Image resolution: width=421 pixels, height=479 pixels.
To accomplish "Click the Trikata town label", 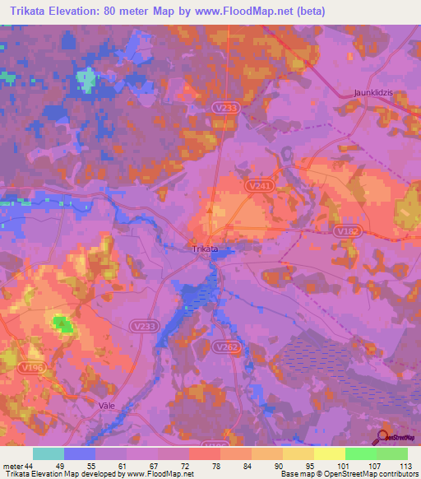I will (x=205, y=249).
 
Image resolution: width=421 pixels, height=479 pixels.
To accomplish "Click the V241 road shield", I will (x=258, y=188).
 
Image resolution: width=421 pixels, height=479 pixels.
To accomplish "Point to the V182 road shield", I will (x=348, y=231).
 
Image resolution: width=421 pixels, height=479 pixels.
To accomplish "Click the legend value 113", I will (x=404, y=466).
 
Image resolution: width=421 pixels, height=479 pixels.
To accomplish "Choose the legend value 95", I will (x=298, y=466).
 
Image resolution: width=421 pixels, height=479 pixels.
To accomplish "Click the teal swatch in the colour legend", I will (x=49, y=453).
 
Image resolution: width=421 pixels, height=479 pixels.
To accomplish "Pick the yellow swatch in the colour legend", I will (x=330, y=453).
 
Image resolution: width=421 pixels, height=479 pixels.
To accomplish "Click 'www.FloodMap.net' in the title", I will (x=254, y=12).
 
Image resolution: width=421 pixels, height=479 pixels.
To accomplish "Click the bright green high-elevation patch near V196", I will (x=62, y=323).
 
